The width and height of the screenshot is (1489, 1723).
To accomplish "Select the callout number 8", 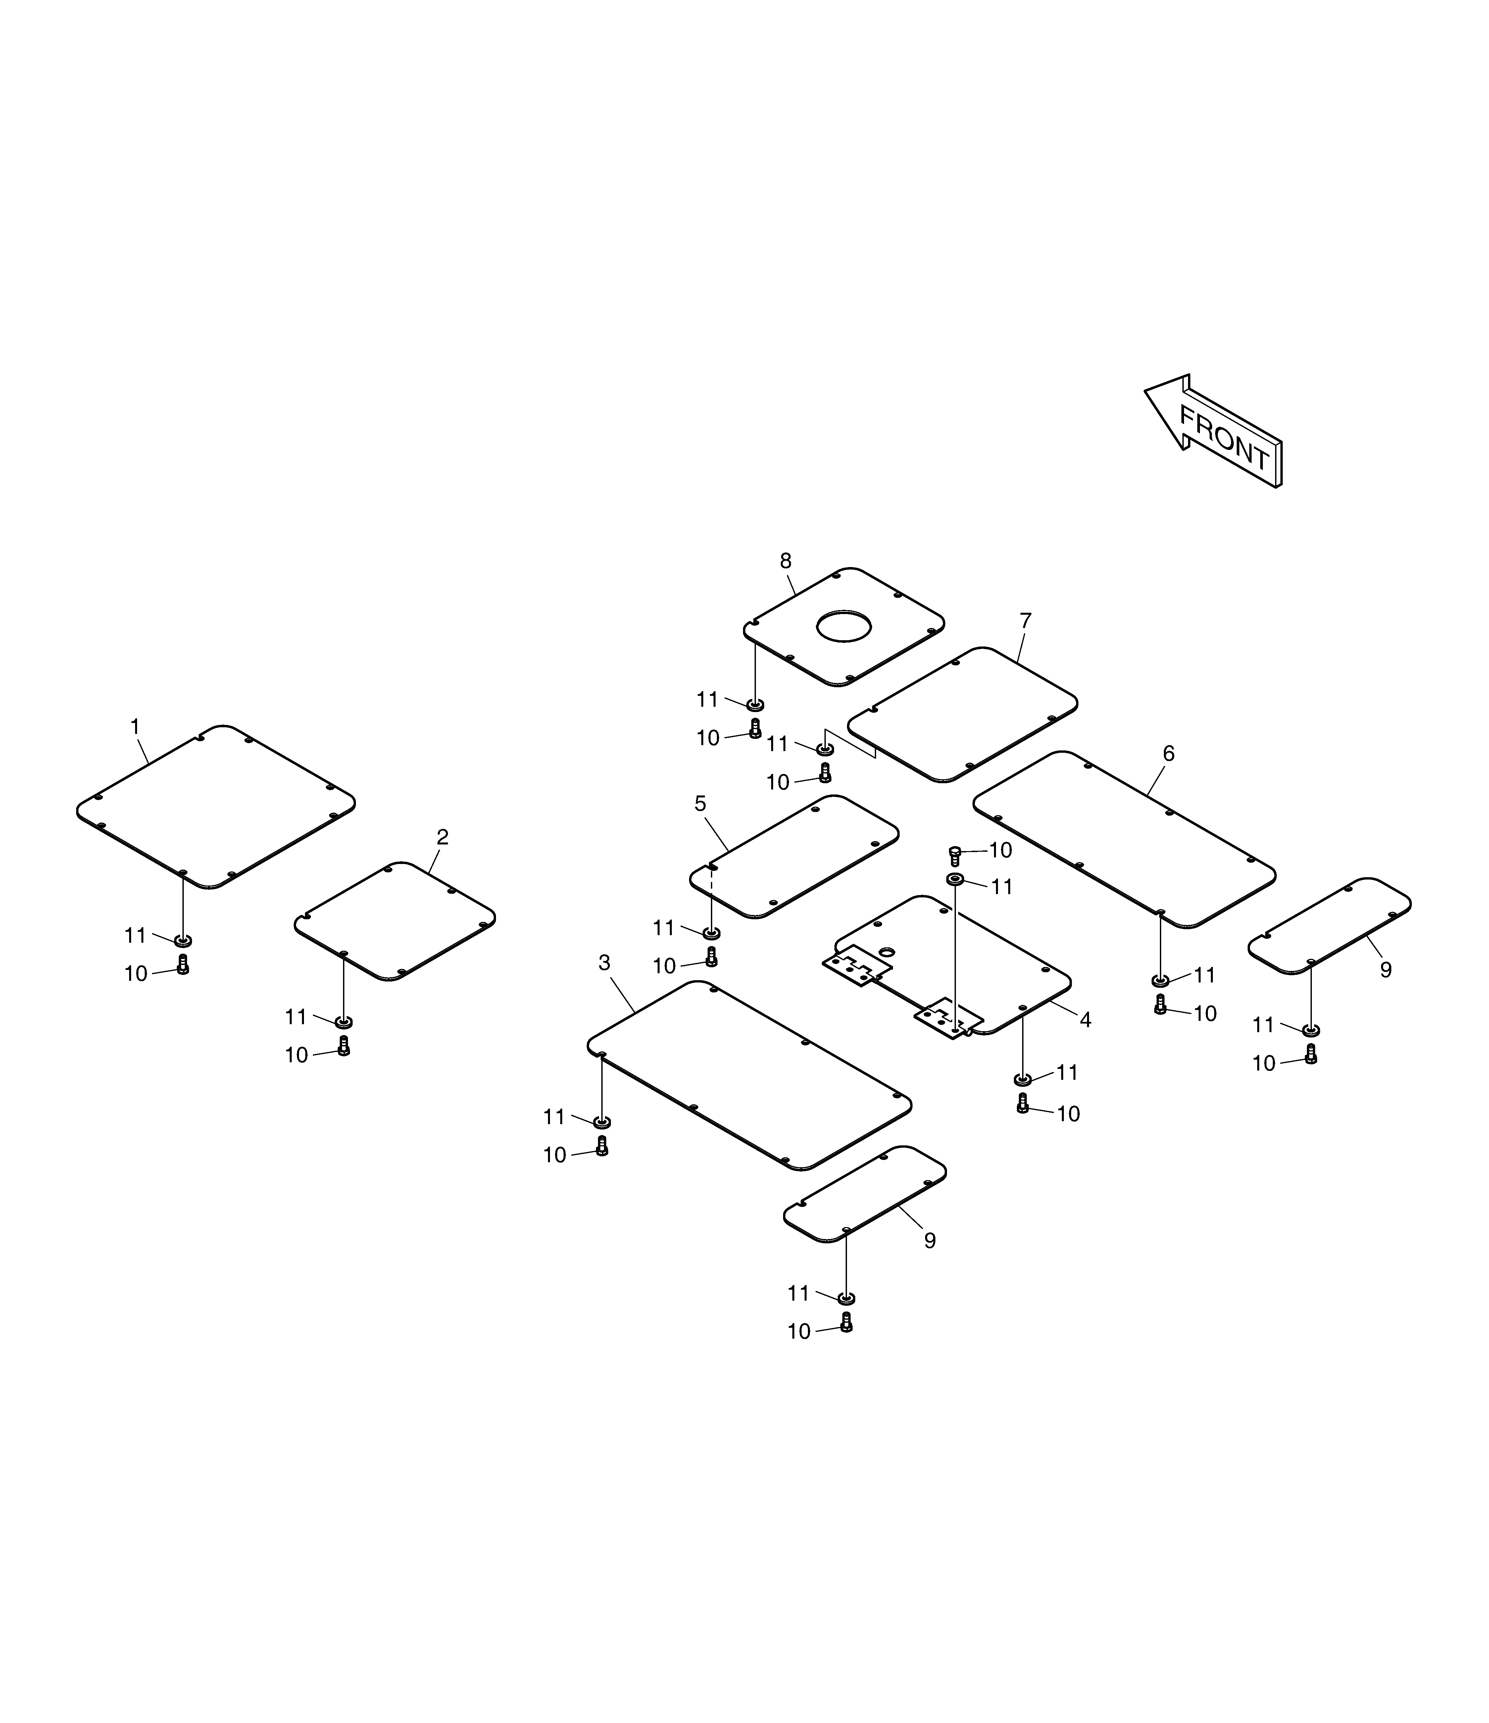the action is tap(785, 561).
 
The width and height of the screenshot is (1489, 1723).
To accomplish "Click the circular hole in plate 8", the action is tap(844, 627).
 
